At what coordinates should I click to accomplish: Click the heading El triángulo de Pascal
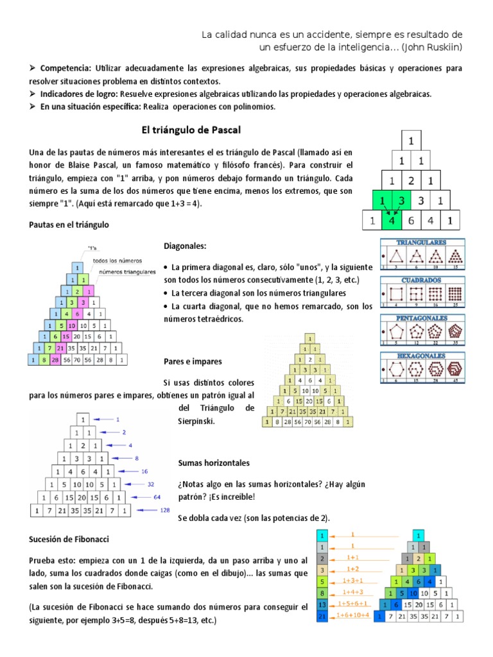(x=191, y=130)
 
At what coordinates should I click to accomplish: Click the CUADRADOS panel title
(x=421, y=280)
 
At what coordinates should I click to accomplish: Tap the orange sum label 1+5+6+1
(x=354, y=603)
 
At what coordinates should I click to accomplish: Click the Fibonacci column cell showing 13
(x=322, y=604)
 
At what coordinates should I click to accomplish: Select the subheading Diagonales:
(x=186, y=246)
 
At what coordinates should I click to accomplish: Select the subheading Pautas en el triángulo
(x=69, y=225)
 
